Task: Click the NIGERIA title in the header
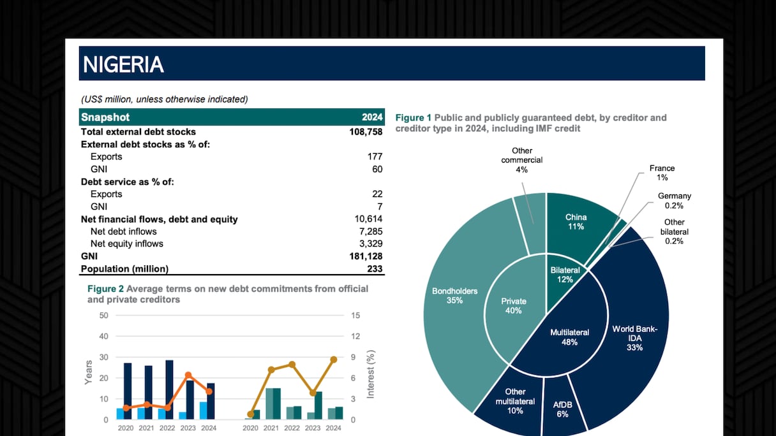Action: pyautogui.click(x=124, y=64)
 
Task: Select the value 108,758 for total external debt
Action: pyautogui.click(x=362, y=132)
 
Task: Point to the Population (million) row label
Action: pyautogui.click(x=124, y=269)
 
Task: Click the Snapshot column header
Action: pyautogui.click(x=105, y=117)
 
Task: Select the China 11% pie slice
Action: pyautogui.click(x=576, y=222)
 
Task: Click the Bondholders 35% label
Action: pyautogui.click(x=454, y=296)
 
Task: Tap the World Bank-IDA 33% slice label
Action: pyautogui.click(x=634, y=338)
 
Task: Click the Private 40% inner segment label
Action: pyautogui.click(x=514, y=306)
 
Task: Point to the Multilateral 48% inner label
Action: pyautogui.click(x=569, y=337)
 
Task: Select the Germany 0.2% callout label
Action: pyautogui.click(x=674, y=201)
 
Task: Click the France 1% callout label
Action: pyautogui.click(x=662, y=173)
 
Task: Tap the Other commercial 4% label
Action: pyautogui.click(x=521, y=160)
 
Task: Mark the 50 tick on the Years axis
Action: pyautogui.click(x=104, y=316)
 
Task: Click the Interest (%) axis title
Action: pyautogui.click(x=371, y=374)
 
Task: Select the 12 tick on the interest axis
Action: pyautogui.click(x=355, y=337)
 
